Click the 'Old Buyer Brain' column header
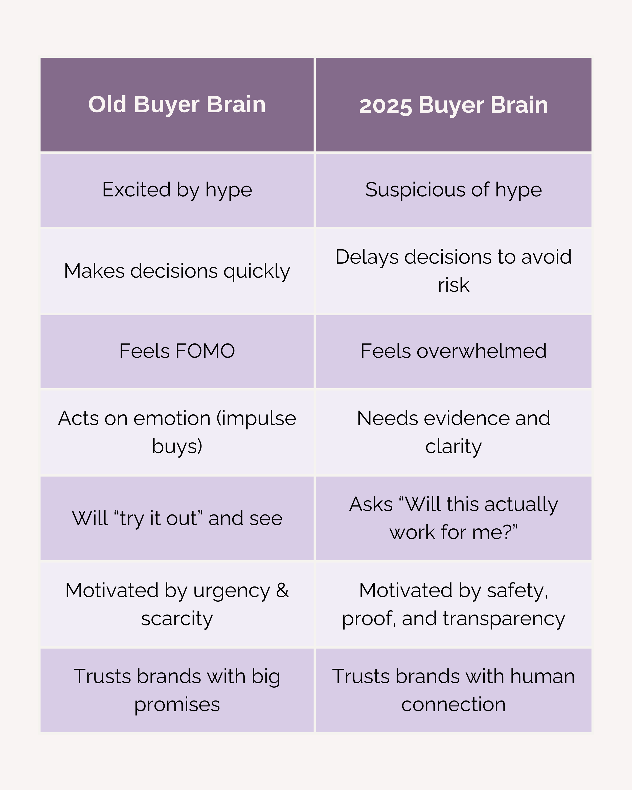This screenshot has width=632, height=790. pyautogui.click(x=177, y=104)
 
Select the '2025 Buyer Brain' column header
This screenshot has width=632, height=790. pyautogui.click(x=453, y=105)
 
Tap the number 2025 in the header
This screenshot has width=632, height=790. pyautogui.click(x=386, y=106)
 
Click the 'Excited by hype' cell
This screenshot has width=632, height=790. pyautogui.click(x=177, y=190)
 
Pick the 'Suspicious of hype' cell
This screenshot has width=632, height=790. pyautogui.click(x=453, y=190)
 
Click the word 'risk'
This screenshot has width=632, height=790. pyautogui.click(x=453, y=285)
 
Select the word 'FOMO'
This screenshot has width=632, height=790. pyautogui.click(x=205, y=351)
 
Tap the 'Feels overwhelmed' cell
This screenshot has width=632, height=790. pyautogui.click(x=453, y=351)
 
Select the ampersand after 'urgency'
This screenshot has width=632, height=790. pyautogui.click(x=282, y=590)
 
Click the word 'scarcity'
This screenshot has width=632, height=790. pyautogui.click(x=177, y=619)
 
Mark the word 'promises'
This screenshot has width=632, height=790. pyautogui.click(x=177, y=705)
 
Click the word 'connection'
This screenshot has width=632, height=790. pyautogui.click(x=453, y=704)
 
